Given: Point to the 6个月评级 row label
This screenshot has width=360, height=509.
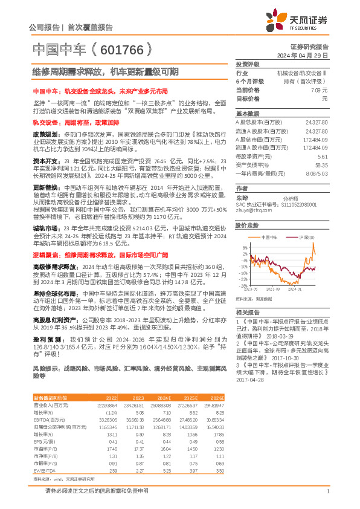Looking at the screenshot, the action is pos(248,81).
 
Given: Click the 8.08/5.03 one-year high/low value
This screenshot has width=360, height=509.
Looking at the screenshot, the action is pos(318,173).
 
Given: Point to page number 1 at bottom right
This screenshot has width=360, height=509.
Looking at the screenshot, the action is pos(327,492).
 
